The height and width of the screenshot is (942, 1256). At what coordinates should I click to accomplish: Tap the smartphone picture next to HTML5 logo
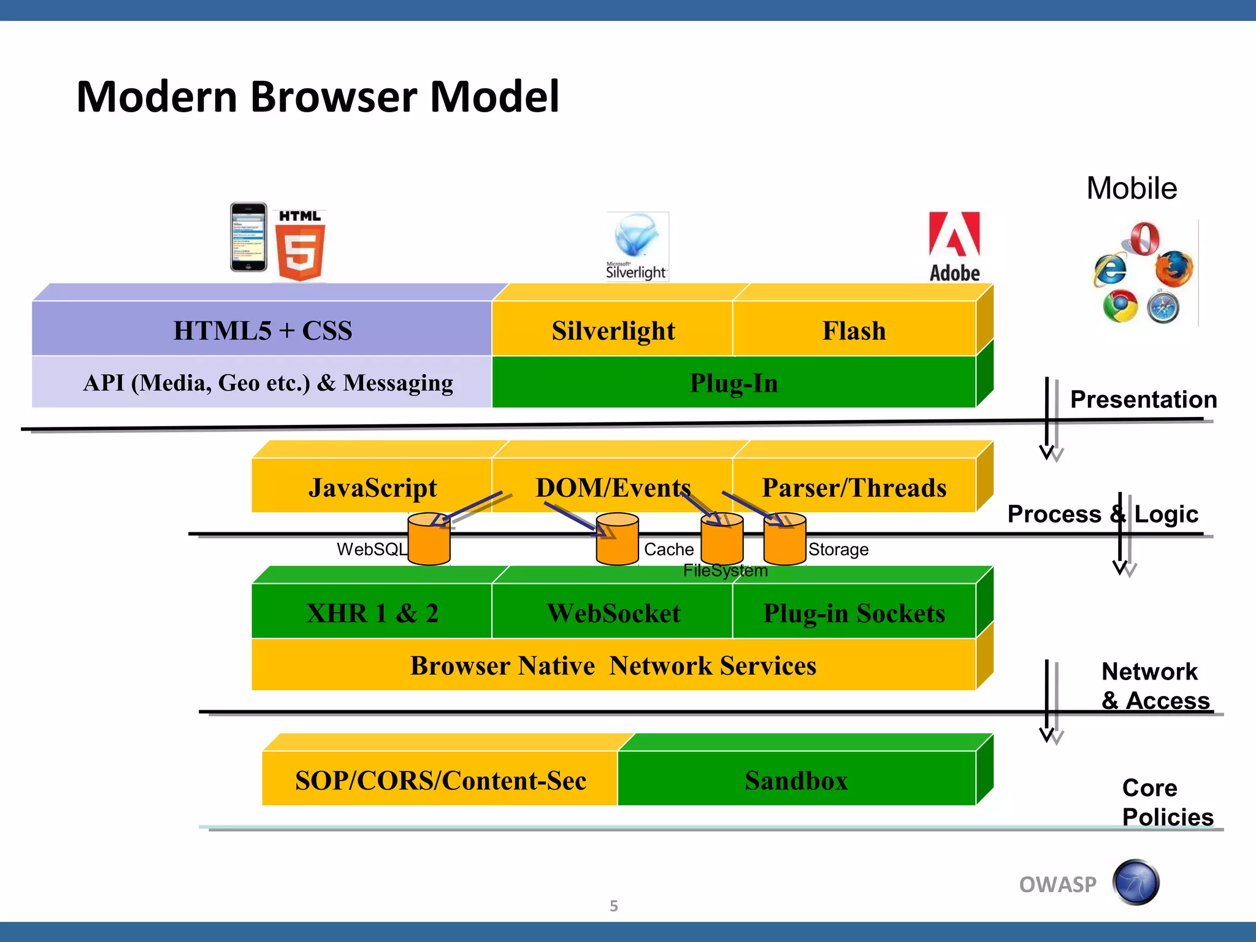(248, 237)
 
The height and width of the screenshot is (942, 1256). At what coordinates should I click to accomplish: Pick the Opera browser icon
(1144, 239)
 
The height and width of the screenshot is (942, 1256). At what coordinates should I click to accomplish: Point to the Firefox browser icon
(1174, 269)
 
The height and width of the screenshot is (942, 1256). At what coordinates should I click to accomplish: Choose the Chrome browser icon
(1120, 307)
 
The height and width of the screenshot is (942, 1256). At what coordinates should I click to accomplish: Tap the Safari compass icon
(1163, 308)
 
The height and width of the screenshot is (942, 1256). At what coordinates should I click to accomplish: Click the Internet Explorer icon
(1111, 269)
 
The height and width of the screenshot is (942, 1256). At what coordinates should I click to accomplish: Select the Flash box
(854, 331)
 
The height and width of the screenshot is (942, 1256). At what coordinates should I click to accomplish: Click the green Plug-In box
(733, 383)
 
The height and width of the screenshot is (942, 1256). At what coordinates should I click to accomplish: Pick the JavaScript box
(372, 488)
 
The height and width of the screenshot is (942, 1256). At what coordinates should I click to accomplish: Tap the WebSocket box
(613, 613)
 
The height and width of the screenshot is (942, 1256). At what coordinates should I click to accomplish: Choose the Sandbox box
(796, 780)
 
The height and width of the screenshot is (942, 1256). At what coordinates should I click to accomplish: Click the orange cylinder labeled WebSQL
(429, 540)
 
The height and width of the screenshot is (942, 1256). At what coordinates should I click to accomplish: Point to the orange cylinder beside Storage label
(784, 540)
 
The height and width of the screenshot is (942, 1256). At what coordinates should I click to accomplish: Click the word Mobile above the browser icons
(1132, 188)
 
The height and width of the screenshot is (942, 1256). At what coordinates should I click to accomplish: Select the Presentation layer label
(1143, 399)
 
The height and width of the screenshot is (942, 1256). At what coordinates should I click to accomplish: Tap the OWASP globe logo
(1136, 883)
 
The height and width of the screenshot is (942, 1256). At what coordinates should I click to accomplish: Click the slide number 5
(614, 906)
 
